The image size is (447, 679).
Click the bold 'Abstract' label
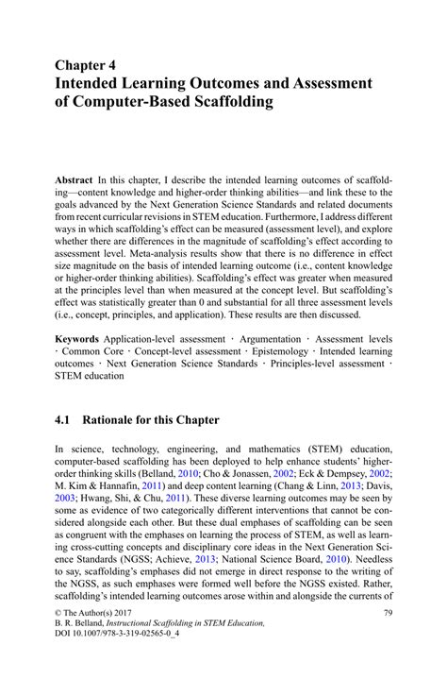[x=74, y=179]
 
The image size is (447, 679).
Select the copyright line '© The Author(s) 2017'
[x=99, y=639]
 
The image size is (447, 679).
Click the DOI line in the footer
[x=117, y=664]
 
